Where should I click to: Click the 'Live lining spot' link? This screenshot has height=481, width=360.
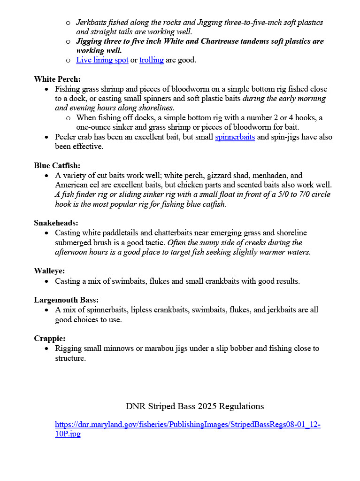coord(102,60)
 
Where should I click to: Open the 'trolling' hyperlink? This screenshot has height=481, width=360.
coord(151,60)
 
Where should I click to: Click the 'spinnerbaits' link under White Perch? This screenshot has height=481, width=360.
coord(235,137)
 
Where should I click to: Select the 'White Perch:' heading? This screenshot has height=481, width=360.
coord(57,79)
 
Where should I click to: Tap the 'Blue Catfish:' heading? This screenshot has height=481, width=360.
coord(57,165)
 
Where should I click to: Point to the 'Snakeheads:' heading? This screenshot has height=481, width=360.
coord(56,223)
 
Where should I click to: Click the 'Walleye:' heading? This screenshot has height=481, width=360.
coord(49,271)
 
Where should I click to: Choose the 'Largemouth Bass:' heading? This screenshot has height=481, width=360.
coord(66,300)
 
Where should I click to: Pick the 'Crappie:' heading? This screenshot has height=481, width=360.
coord(49,338)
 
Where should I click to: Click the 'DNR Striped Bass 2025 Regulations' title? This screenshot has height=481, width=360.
coord(195,406)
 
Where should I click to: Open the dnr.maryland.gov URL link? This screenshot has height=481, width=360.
coord(188,425)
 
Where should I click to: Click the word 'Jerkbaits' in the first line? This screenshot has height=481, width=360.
coord(92,23)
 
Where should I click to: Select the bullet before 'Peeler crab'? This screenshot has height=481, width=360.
coord(46,137)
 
